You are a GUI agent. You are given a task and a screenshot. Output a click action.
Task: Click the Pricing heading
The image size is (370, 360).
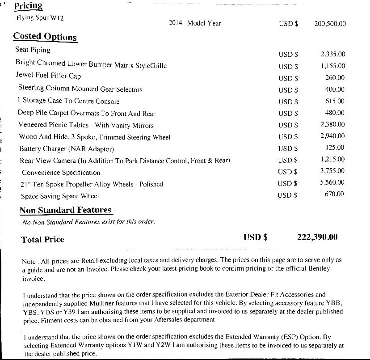pos(28,6)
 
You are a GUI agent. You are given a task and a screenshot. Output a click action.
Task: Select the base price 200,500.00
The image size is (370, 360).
pos(330,23)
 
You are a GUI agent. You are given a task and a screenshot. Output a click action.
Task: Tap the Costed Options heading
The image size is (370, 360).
pos(45,36)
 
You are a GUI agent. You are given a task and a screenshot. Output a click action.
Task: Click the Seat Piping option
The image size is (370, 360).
pos(33,50)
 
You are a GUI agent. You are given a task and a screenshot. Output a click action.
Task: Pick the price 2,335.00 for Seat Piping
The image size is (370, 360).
pos(333,54)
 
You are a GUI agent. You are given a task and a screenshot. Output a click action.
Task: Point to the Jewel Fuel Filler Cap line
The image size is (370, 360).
pos(48,76)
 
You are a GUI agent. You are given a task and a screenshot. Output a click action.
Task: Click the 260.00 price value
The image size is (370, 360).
pos(335,78)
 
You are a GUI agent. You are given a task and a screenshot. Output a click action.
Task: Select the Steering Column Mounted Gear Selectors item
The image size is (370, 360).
pos(80,89)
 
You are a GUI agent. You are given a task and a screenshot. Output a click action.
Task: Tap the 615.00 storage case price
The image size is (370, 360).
pos(335,101)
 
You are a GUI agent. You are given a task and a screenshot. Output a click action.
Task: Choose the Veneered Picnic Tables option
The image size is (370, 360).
pos(86,125)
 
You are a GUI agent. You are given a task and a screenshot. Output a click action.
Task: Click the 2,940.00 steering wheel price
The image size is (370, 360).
pos(333,136)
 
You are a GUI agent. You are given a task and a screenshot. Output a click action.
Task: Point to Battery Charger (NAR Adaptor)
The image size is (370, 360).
pos(67,148)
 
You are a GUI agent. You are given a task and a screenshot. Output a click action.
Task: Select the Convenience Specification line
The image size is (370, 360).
pos(61,172)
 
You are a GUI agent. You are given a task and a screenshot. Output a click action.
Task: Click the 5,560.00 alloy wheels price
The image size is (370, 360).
pos(333,182)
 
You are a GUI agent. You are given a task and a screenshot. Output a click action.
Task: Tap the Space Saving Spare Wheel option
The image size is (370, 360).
pos(60,196)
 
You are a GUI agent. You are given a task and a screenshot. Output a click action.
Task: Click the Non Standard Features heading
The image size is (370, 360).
pos(65,210)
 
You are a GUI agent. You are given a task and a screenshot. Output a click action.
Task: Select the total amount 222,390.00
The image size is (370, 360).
pos(317,237)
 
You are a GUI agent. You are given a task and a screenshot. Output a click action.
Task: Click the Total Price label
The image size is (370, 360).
pos(42,239)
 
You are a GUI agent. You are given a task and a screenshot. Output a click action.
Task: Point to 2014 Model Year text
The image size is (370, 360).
pos(195,23)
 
